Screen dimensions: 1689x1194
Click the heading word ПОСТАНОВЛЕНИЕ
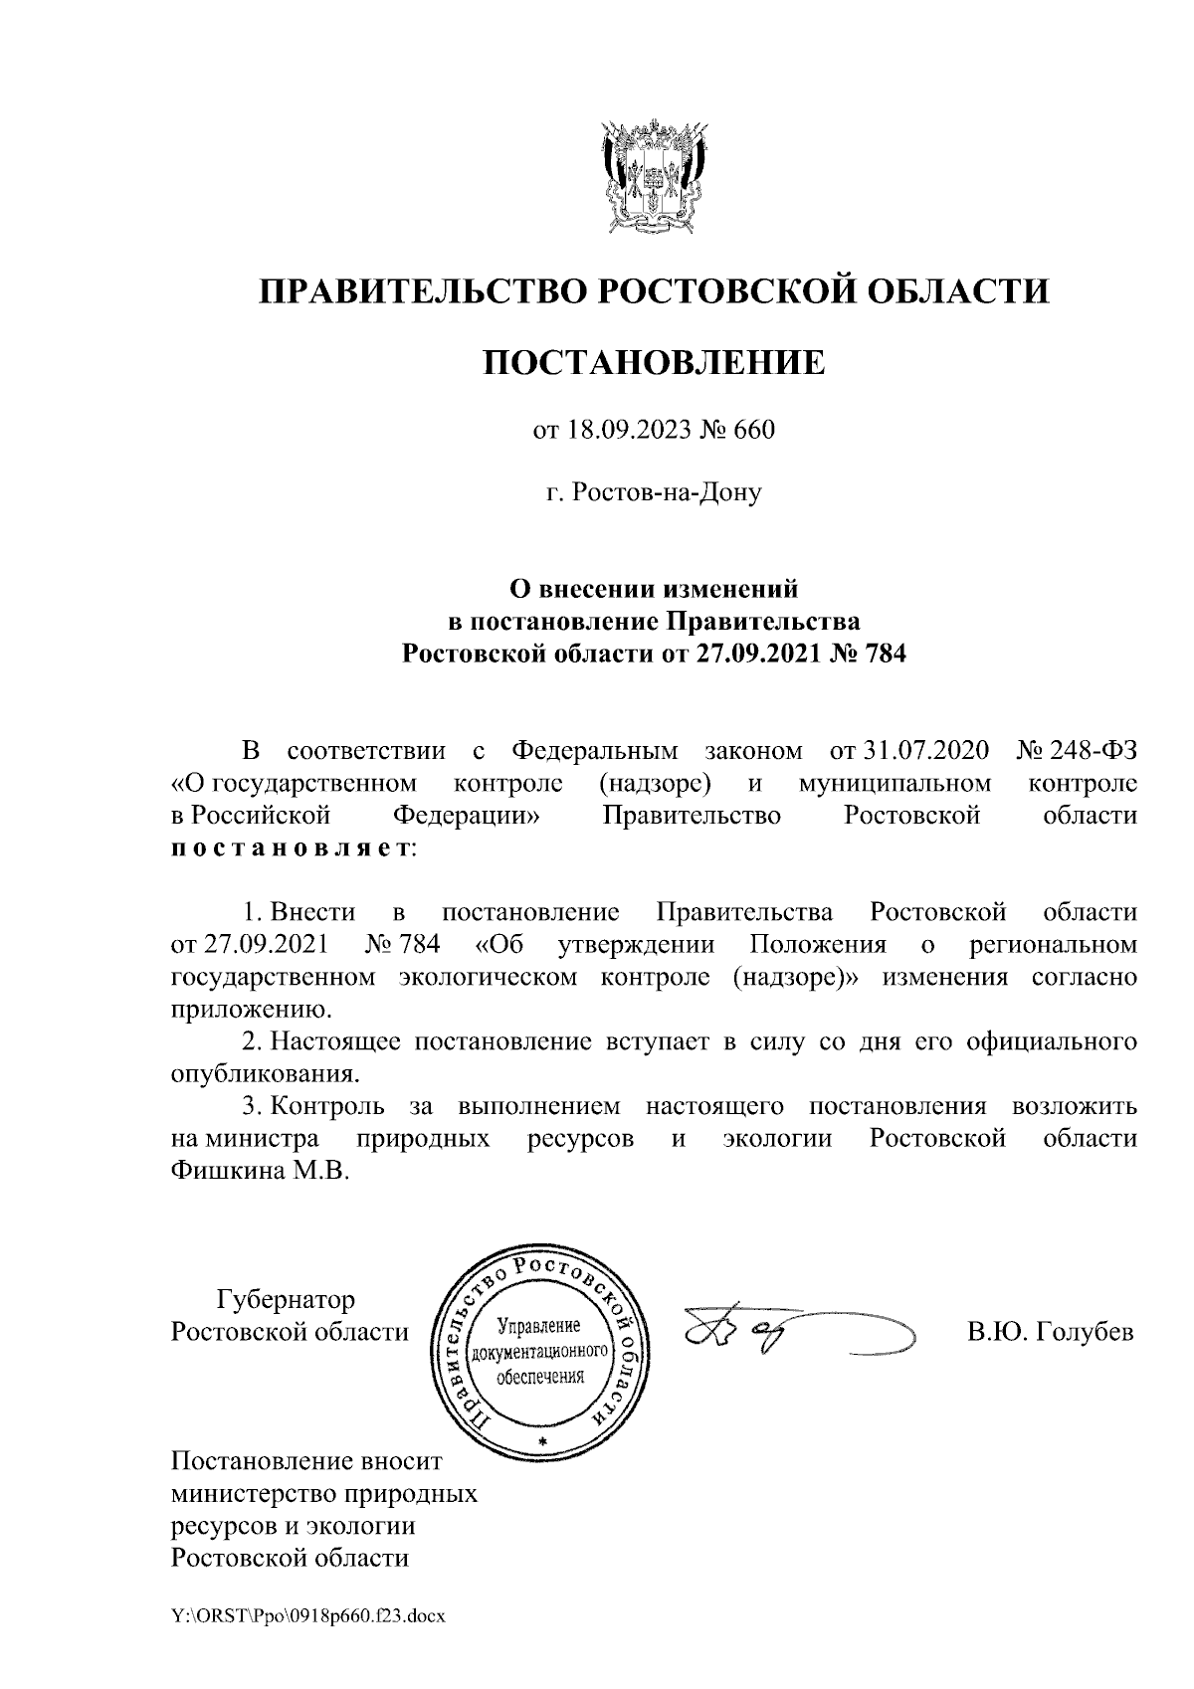point(654,362)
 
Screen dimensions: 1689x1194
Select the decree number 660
point(754,431)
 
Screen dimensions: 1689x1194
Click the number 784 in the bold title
point(887,655)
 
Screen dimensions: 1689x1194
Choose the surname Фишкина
point(225,1171)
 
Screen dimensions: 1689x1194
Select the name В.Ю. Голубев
point(1050,1333)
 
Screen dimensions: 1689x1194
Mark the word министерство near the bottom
point(255,1493)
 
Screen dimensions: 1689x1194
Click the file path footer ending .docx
point(307,1616)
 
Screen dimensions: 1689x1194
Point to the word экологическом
point(488,977)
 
